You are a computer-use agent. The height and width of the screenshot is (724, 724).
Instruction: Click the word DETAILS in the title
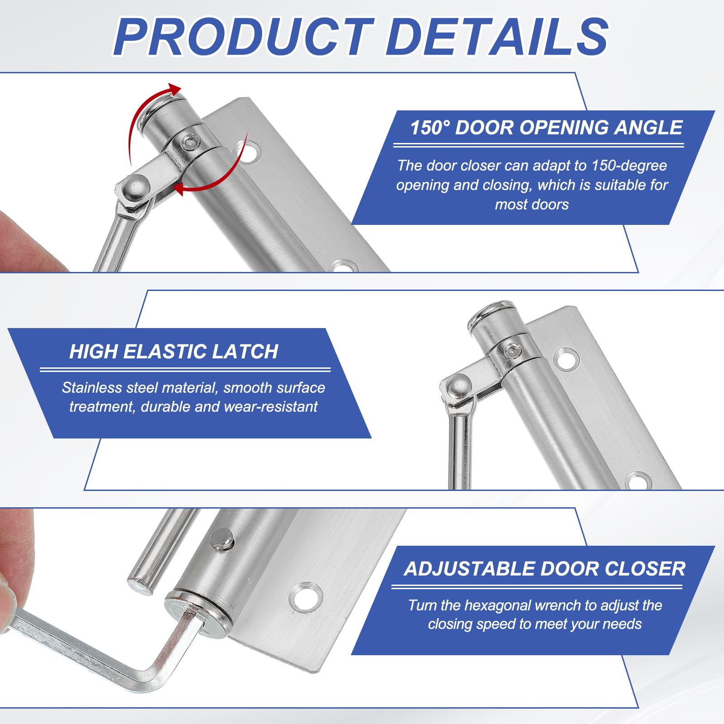tap(497, 36)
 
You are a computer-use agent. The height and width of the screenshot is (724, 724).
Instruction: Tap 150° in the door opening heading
tap(430, 128)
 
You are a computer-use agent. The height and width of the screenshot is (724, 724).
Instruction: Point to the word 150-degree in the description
tap(629, 166)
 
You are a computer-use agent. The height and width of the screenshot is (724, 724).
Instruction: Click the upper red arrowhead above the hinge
tap(173, 89)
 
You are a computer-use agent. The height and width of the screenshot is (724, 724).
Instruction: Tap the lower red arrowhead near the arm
tap(181, 189)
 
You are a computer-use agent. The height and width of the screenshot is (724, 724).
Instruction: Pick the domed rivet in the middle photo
tap(457, 386)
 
